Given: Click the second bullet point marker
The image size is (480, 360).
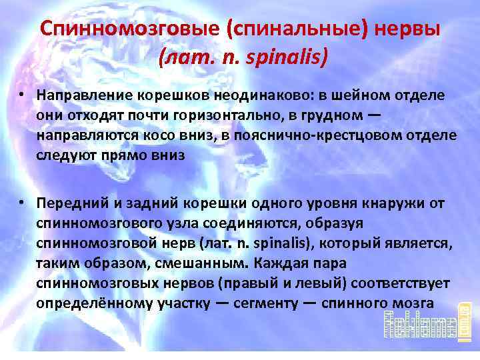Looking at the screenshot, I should [x=23, y=202].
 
